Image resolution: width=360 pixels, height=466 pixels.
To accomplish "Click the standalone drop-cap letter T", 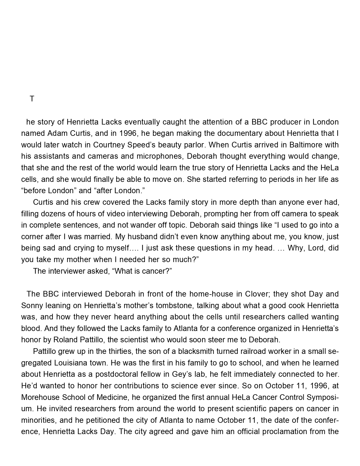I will [x=32, y=99].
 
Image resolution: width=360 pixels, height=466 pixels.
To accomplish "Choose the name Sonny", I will [x=31, y=306].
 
